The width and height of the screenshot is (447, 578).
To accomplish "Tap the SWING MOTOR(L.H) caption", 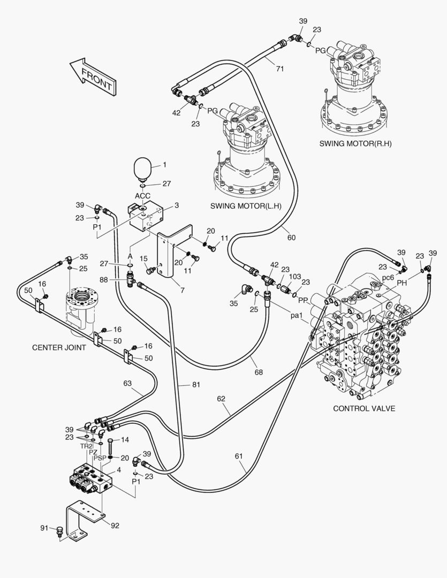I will (x=246, y=206).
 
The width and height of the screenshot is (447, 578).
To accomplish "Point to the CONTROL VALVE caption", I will (x=364, y=408).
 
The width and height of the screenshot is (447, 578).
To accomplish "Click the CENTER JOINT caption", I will (x=59, y=347).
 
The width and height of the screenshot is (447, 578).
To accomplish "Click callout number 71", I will (x=279, y=68).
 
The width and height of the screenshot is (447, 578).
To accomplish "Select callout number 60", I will (x=291, y=237).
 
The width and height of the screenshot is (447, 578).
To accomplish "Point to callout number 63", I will (x=127, y=383).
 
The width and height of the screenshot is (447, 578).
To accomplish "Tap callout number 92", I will (x=115, y=525).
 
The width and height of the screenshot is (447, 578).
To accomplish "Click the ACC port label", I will (x=142, y=195).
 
